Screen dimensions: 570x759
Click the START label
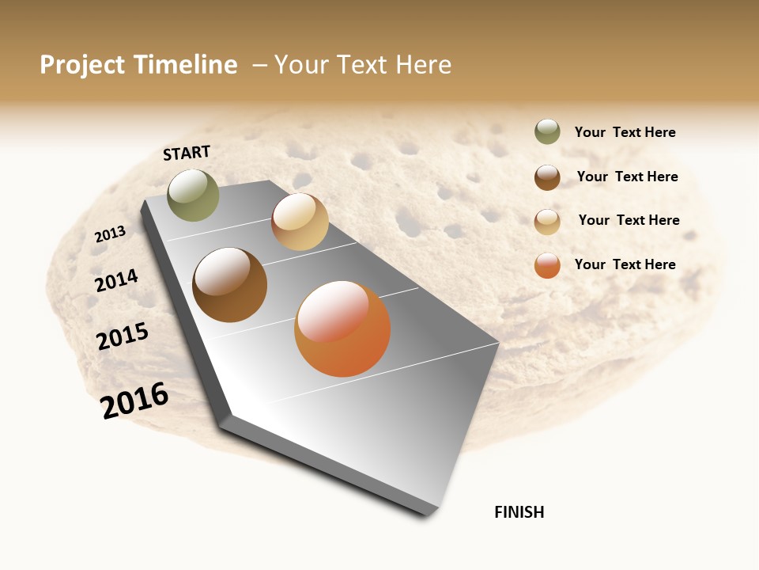click(187, 153)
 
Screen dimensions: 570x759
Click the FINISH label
click(519, 512)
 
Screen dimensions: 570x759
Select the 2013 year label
click(111, 234)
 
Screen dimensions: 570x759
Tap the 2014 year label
click(117, 280)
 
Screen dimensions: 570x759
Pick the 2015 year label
click(123, 336)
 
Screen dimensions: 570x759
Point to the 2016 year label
click(134, 400)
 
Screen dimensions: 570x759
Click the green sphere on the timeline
click(194, 195)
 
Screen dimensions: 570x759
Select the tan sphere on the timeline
click(300, 222)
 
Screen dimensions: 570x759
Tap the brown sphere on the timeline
click(229, 285)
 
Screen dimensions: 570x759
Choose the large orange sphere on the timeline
click(342, 329)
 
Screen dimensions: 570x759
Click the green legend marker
click(547, 131)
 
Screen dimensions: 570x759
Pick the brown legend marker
click(547, 177)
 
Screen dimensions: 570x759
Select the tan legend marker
click(547, 222)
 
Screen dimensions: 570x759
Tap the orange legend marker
click(547, 265)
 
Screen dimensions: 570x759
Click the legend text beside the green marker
click(625, 132)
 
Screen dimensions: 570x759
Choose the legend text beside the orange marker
click(625, 264)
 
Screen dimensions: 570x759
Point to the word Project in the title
click(81, 65)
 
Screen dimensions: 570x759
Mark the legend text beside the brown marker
click(627, 177)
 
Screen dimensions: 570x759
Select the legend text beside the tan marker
click(629, 220)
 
